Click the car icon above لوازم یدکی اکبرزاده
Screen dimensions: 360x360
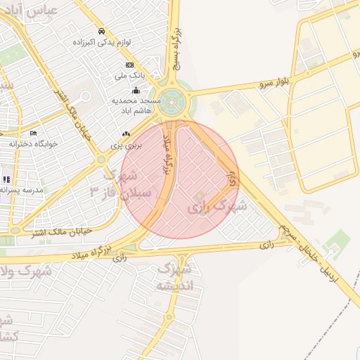click(x=102, y=32)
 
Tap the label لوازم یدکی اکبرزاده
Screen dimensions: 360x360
click(x=102, y=42)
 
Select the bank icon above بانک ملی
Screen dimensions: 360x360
click(x=129, y=65)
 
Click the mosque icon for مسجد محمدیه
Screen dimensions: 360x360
click(x=136, y=90)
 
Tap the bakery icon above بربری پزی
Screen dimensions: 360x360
click(x=127, y=134)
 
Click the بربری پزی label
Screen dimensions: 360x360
click(x=127, y=145)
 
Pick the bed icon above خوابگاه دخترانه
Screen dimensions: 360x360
click(x=33, y=133)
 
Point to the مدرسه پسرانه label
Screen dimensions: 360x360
click(x=21, y=190)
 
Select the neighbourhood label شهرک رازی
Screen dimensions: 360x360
click(x=217, y=207)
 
